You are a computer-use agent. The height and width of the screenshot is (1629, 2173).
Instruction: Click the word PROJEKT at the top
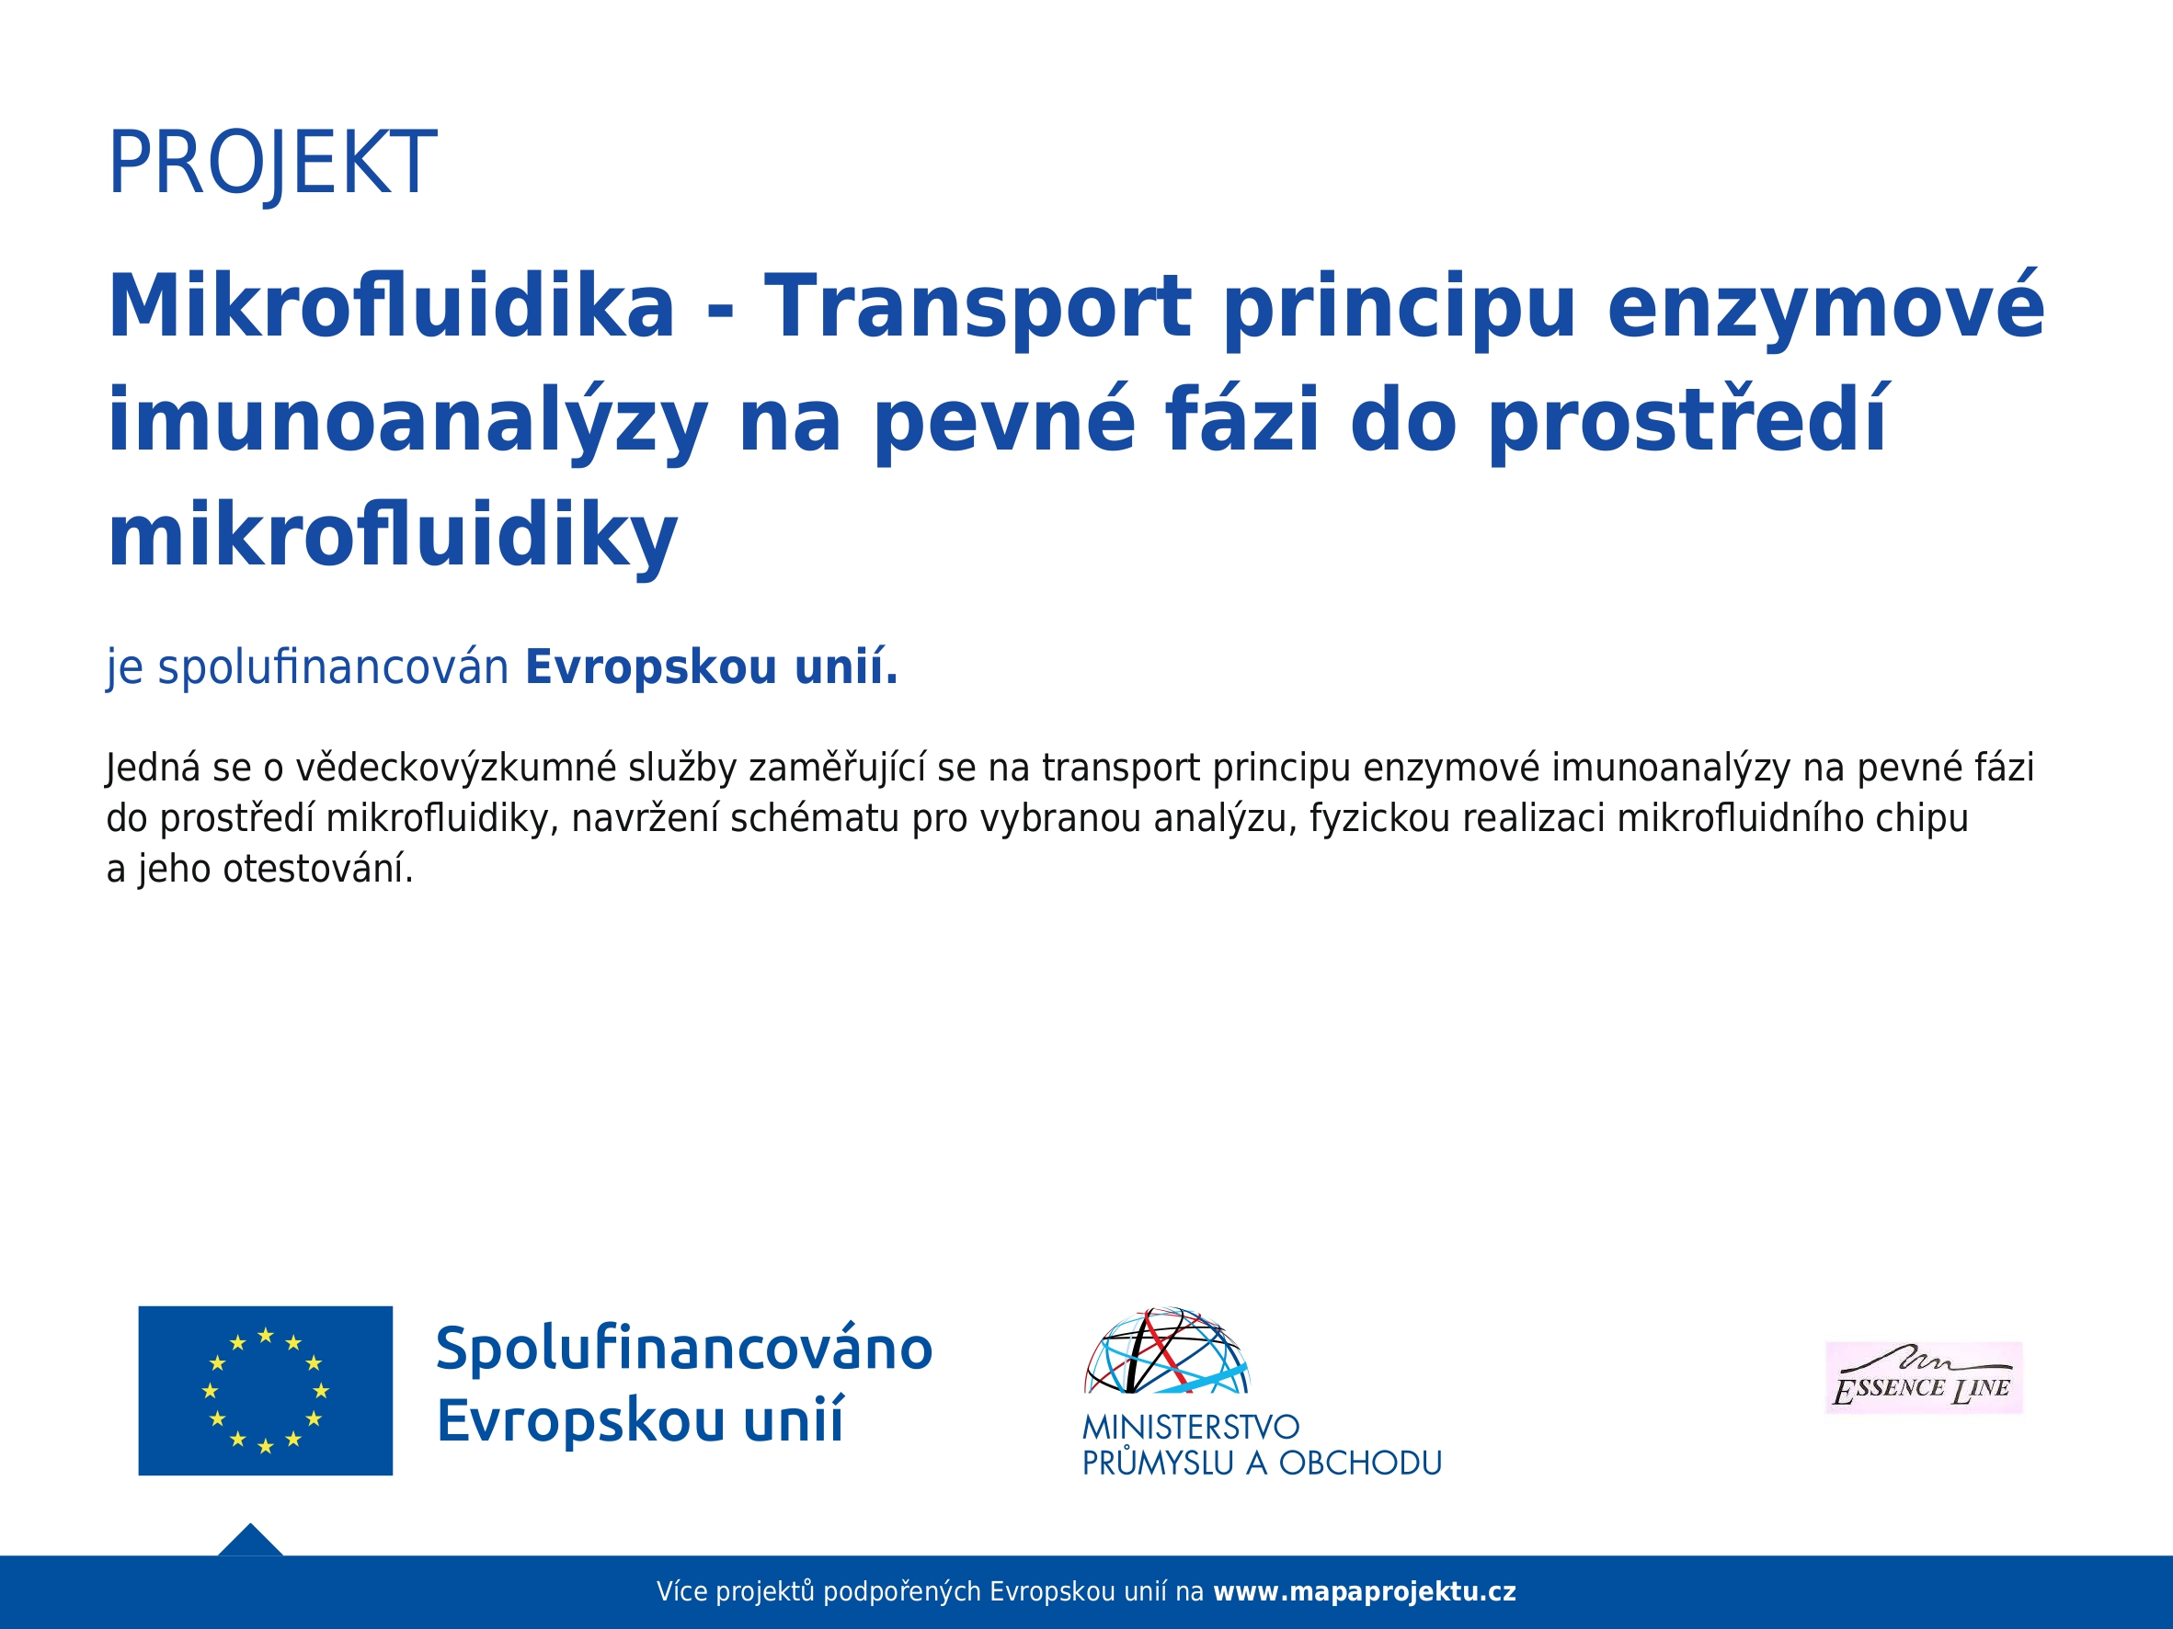click(x=271, y=163)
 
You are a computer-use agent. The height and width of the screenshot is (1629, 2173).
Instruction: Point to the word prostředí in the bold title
click(x=1687, y=421)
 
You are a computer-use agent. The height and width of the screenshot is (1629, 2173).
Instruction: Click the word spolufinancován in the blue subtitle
click(x=333, y=667)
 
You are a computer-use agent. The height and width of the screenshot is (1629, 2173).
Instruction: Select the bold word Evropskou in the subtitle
click(x=651, y=668)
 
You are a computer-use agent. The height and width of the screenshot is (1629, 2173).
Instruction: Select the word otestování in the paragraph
click(x=318, y=869)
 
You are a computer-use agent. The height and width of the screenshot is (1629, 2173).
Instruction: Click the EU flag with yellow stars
click(x=265, y=1390)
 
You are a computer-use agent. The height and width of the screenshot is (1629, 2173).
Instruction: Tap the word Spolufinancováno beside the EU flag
click(x=684, y=1349)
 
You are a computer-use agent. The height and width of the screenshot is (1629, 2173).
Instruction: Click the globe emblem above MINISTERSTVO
click(x=1166, y=1350)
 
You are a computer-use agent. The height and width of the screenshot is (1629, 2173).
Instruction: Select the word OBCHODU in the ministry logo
click(x=1361, y=1463)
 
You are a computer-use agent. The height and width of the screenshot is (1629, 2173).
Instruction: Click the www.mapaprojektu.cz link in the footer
click(x=1365, y=1591)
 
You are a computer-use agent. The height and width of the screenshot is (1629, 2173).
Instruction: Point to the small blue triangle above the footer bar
click(x=250, y=1542)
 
